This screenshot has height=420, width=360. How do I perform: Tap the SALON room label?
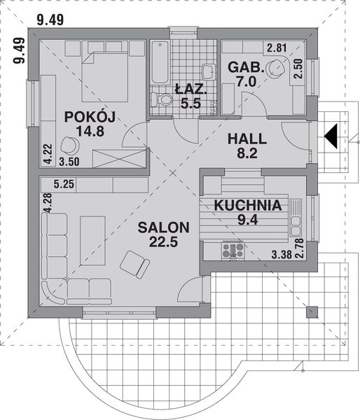(x=163, y=227)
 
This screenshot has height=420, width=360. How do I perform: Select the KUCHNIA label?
(x=248, y=206)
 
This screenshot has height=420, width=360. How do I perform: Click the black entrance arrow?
(x=331, y=132)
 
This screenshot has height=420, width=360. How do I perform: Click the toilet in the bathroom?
(x=166, y=100)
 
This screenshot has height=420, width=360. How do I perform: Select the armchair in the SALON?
(x=134, y=262)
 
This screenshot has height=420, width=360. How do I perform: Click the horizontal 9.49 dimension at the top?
(x=50, y=20)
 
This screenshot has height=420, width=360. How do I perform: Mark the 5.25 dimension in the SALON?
(x=64, y=185)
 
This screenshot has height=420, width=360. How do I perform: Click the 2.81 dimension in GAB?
(x=276, y=48)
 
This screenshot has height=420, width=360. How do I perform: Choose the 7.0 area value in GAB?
(x=247, y=82)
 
